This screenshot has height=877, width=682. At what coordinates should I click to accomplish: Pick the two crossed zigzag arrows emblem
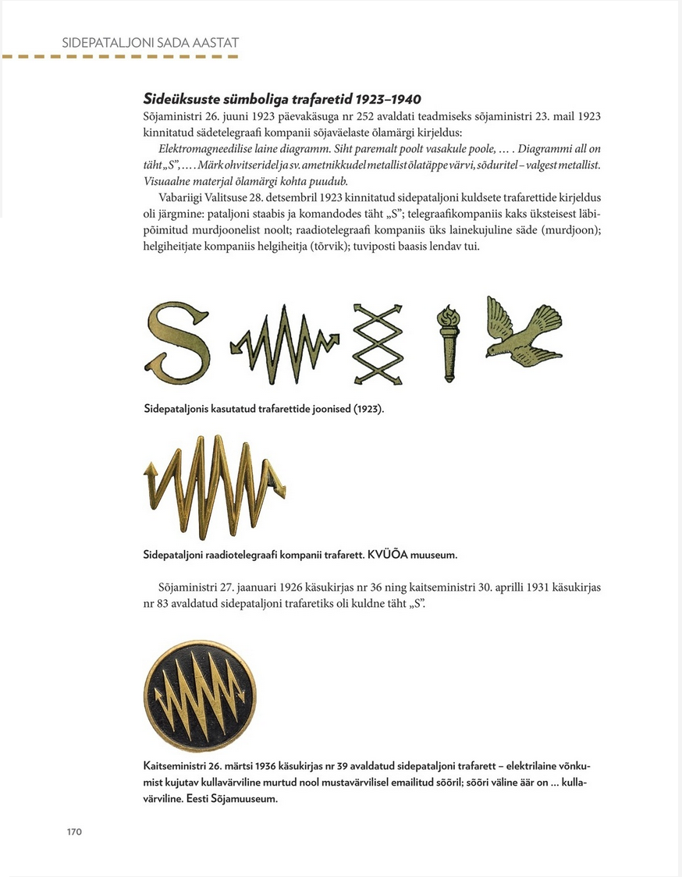coord(380,343)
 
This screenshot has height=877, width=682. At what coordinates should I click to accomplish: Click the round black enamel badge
coord(200,694)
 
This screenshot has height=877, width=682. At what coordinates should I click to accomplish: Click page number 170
coord(73,831)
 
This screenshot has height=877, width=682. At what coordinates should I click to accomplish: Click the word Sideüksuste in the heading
coord(183,99)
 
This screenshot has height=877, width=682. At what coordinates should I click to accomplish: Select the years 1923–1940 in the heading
coord(388,99)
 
